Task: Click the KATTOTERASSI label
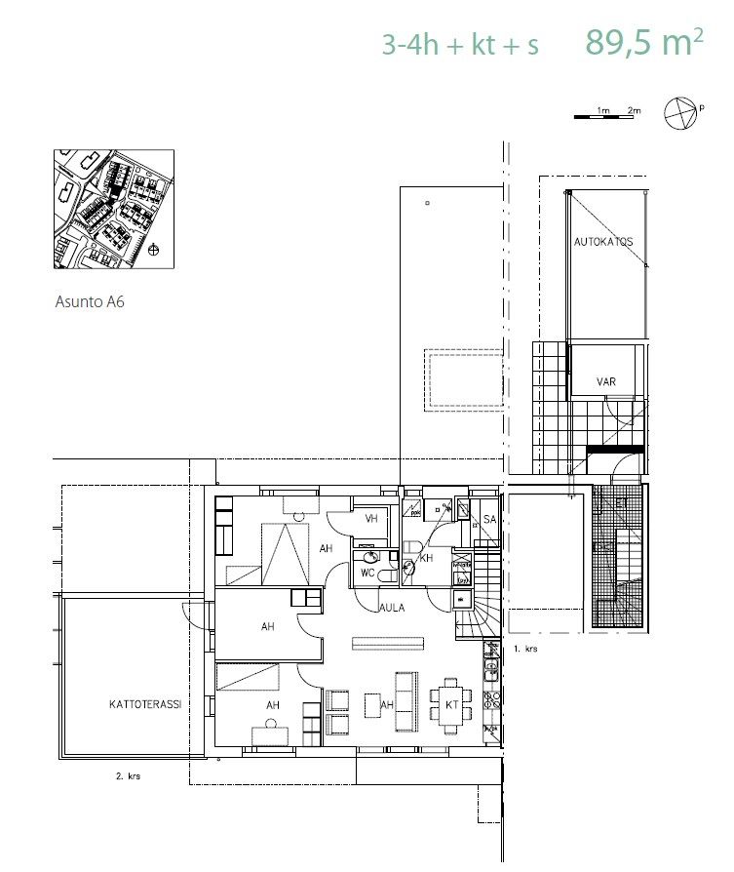click(145, 704)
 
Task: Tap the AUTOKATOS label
click(603, 242)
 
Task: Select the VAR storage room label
click(606, 381)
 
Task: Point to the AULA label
click(392, 608)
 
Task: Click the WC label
click(367, 573)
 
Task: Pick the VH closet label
click(371, 518)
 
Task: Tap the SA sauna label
click(489, 520)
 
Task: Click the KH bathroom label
click(426, 558)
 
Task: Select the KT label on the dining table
click(452, 704)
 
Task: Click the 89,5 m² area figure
click(644, 42)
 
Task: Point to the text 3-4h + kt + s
click(460, 45)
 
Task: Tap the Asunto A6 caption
click(90, 302)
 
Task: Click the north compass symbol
click(680, 113)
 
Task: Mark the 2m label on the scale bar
click(634, 110)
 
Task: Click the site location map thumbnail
click(114, 209)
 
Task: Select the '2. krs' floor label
click(129, 775)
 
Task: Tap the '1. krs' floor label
click(525, 649)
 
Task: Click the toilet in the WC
click(387, 575)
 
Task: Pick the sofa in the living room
click(406, 700)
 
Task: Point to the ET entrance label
click(622, 503)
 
